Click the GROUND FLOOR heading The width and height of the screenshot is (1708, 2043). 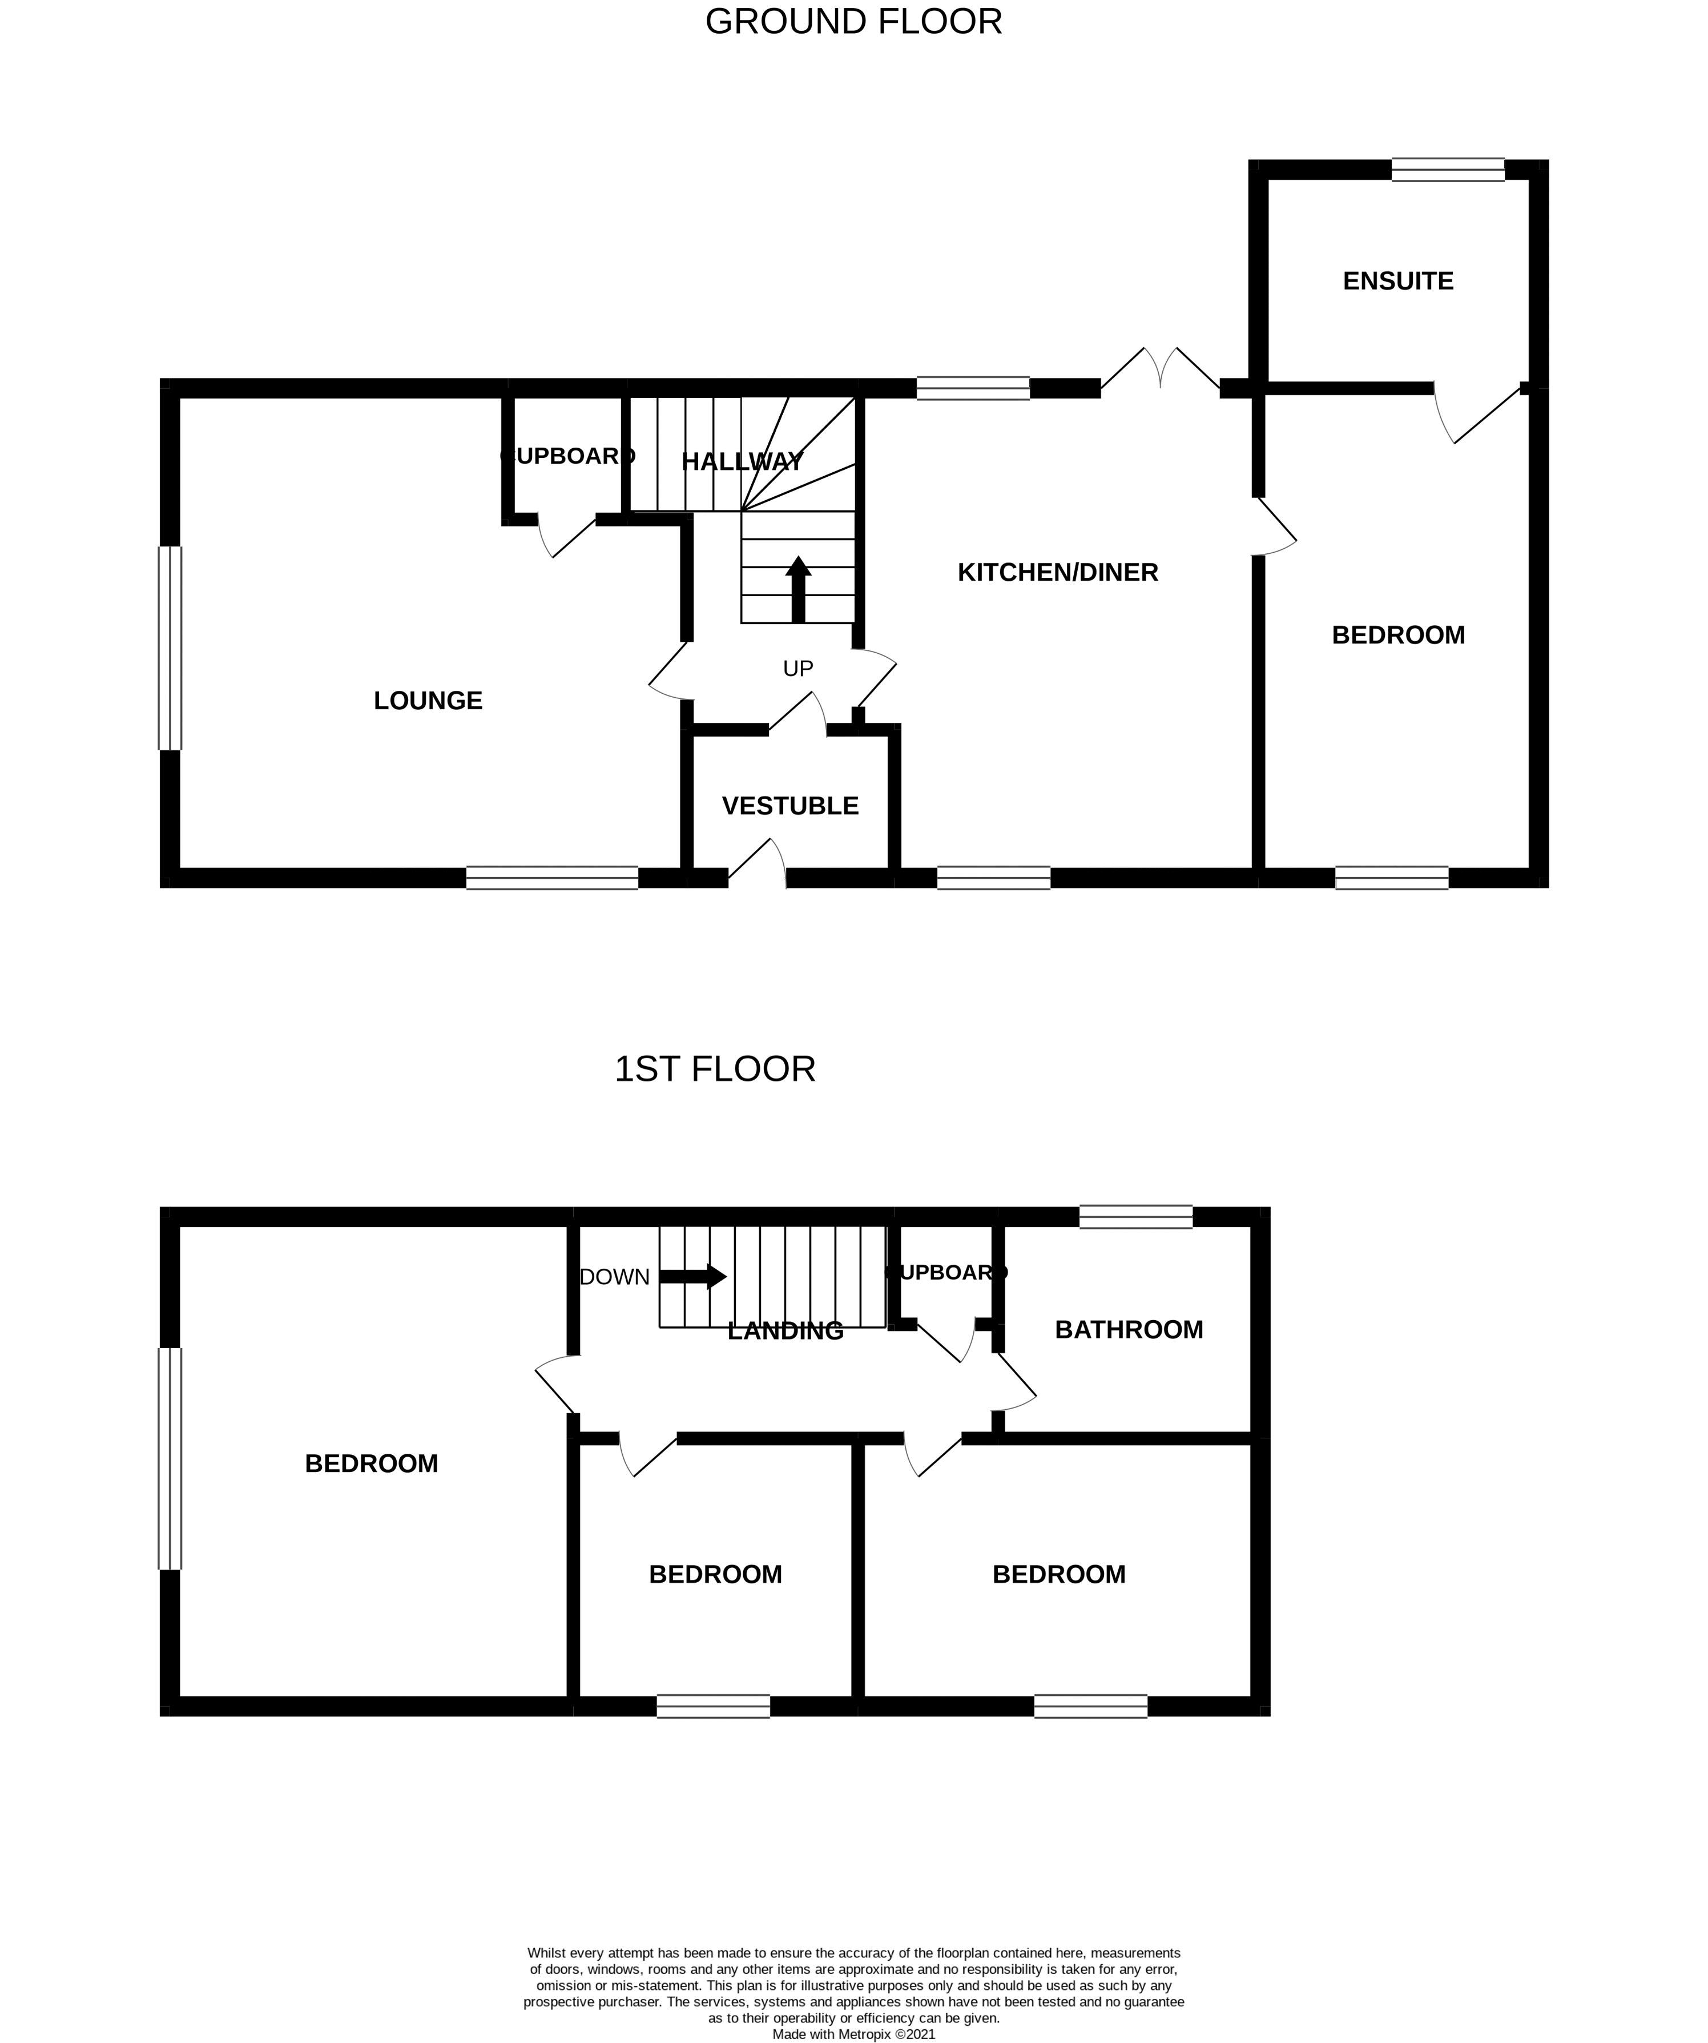click(853, 21)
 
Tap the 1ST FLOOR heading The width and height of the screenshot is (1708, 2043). click(714, 1068)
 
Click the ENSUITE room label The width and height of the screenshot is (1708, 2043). click(1397, 281)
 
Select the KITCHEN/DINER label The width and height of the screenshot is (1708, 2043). click(1057, 572)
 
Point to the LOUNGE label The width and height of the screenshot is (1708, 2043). click(428, 701)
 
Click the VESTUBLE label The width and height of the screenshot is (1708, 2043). click(790, 806)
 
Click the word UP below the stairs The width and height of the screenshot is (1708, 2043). click(797, 669)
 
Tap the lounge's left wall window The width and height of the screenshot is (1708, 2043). click(170, 648)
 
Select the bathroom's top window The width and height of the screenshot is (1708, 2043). click(1135, 1216)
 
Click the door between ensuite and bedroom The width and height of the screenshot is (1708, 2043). click(1476, 413)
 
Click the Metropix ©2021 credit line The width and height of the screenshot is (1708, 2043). click(853, 2033)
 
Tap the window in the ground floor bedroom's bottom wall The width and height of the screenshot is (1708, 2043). click(1391, 878)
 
